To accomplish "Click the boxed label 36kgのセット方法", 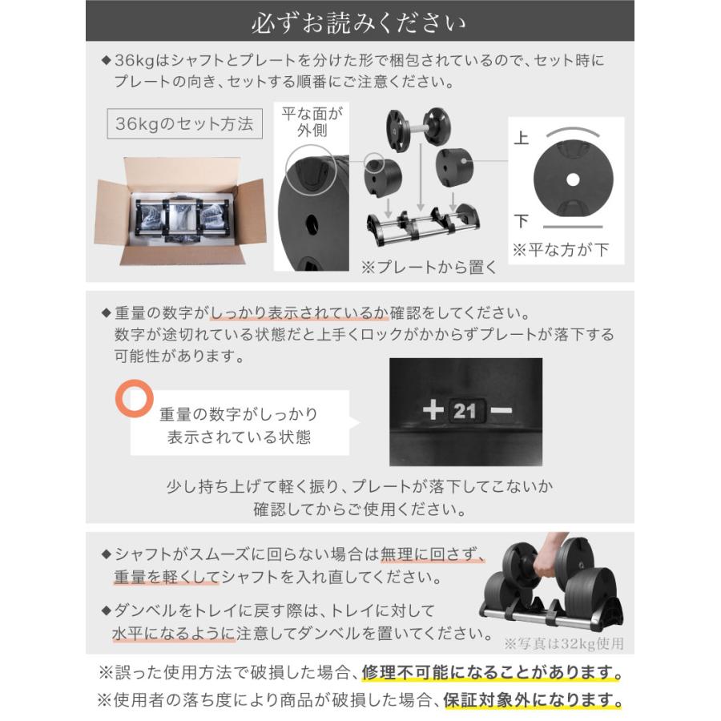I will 184,124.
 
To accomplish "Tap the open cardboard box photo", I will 179,210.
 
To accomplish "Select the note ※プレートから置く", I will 429,268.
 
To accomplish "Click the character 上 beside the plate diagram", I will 522,139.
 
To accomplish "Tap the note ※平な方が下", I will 562,250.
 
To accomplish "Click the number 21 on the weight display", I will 465,412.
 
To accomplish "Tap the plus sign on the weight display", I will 433,411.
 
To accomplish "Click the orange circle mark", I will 134,397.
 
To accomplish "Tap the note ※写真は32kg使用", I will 563,643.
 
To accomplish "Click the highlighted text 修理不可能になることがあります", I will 492,672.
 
